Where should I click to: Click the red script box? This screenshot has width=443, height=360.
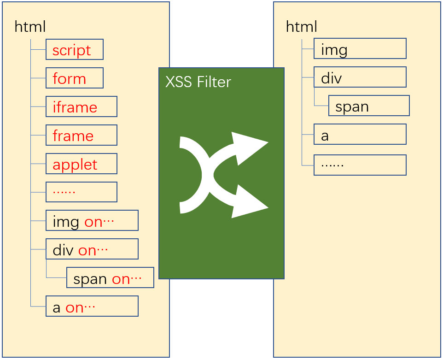(x=75, y=49)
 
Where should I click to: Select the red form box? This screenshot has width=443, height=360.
(x=75, y=78)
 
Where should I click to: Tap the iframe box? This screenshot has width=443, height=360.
(x=82, y=106)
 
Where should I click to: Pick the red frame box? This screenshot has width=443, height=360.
(x=82, y=135)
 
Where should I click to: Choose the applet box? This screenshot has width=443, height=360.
(x=82, y=164)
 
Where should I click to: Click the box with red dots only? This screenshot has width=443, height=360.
(x=82, y=192)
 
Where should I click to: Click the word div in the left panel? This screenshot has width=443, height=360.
(x=63, y=250)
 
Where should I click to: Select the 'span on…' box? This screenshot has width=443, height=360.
(x=110, y=277)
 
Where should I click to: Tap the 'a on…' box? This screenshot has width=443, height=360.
(x=92, y=306)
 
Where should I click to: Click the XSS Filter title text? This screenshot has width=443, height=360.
(x=198, y=82)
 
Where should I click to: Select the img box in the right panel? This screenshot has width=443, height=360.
(x=360, y=49)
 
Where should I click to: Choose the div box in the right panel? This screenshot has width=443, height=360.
(x=360, y=77)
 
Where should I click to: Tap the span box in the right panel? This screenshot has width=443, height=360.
(x=369, y=106)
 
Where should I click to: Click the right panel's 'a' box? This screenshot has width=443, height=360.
(x=360, y=134)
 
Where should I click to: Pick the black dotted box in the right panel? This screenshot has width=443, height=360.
(x=360, y=165)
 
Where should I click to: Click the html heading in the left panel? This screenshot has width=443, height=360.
(x=30, y=27)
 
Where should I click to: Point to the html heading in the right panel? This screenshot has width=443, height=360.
(x=302, y=27)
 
